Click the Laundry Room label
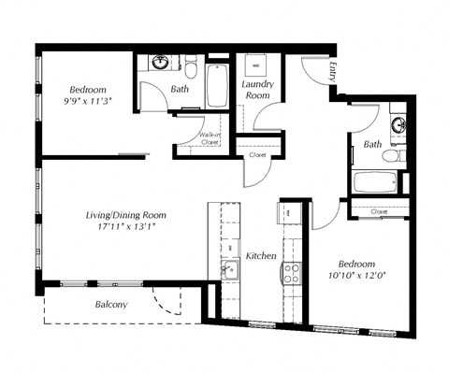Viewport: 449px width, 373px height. [x=257, y=91]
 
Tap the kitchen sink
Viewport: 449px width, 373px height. [x=230, y=270]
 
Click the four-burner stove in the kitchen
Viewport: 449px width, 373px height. [x=291, y=272]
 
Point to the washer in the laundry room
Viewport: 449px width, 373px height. [x=254, y=67]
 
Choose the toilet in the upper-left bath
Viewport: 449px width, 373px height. [x=191, y=68]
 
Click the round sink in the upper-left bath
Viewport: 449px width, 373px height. [x=161, y=64]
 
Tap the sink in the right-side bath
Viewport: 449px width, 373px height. [x=398, y=126]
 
